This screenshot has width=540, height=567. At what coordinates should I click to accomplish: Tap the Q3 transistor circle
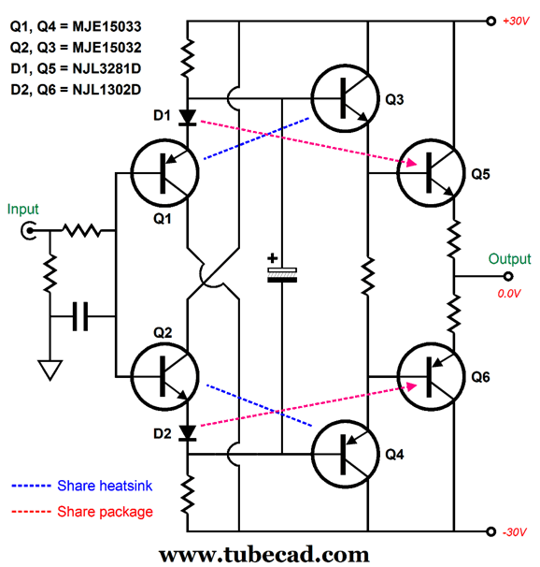346,98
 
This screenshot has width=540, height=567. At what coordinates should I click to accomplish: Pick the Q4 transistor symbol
346,456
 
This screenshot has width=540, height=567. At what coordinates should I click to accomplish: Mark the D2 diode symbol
188,432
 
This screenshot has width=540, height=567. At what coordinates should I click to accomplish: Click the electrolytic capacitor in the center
280,273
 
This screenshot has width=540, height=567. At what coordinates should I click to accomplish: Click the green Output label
508,259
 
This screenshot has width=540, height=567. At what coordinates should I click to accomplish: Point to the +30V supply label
514,21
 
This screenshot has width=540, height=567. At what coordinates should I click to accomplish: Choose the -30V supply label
514,532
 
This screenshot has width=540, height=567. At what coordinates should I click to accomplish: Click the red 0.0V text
508,293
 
